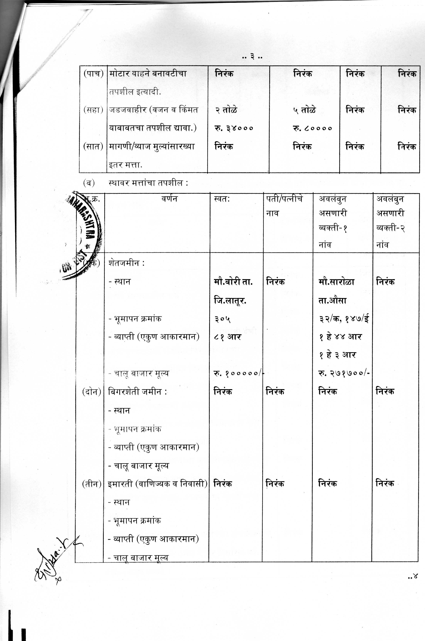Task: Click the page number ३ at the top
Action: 252,57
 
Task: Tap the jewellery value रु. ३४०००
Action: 234,128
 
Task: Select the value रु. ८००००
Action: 312,128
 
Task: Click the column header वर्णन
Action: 169,199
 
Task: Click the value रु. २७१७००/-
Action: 344,373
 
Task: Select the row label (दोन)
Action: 92,392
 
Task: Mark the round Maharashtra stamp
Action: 81,236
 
